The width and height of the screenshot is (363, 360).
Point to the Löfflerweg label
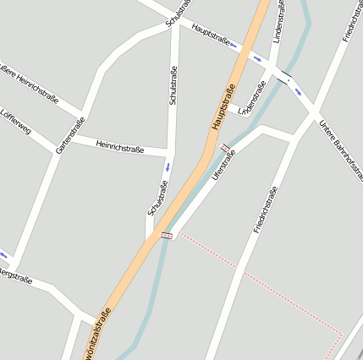[x=14, y=122]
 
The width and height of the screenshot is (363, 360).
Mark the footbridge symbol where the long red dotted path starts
[x=167, y=234]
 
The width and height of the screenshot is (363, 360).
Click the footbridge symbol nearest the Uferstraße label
[x=225, y=148]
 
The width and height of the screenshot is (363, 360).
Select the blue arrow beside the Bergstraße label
[x=3, y=255]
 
